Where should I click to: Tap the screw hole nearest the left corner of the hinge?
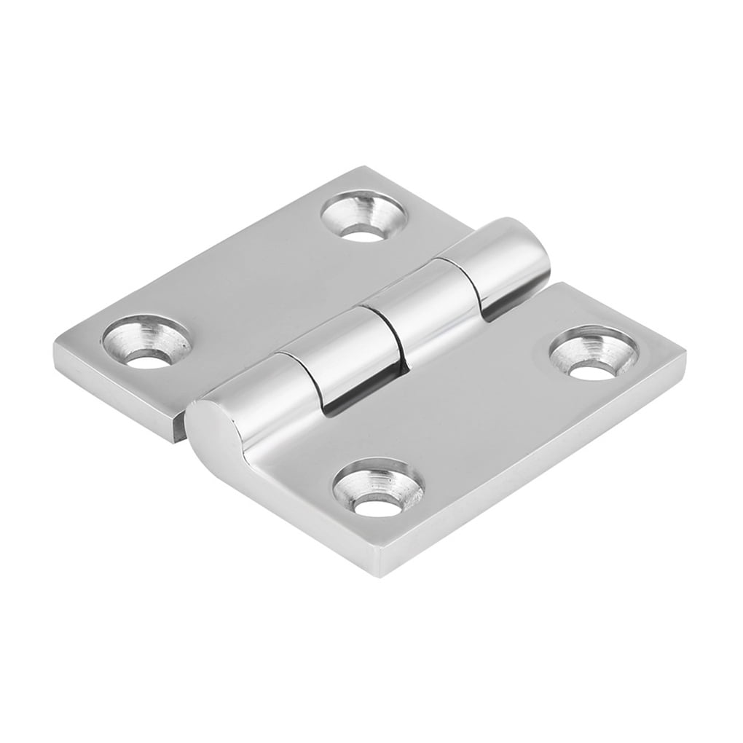tap(146, 341)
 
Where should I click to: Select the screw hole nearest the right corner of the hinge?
tap(594, 353)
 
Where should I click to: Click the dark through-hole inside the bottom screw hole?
tap(377, 504)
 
